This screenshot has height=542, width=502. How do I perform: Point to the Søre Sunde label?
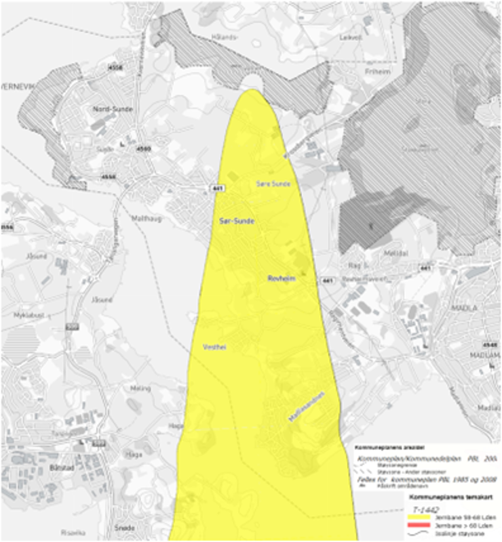(273, 184)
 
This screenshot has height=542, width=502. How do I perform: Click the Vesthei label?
(214, 347)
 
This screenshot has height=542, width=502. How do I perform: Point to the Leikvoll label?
(350, 38)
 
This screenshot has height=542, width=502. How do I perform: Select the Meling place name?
(140, 388)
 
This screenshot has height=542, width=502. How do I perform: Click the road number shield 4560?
(143, 148)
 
